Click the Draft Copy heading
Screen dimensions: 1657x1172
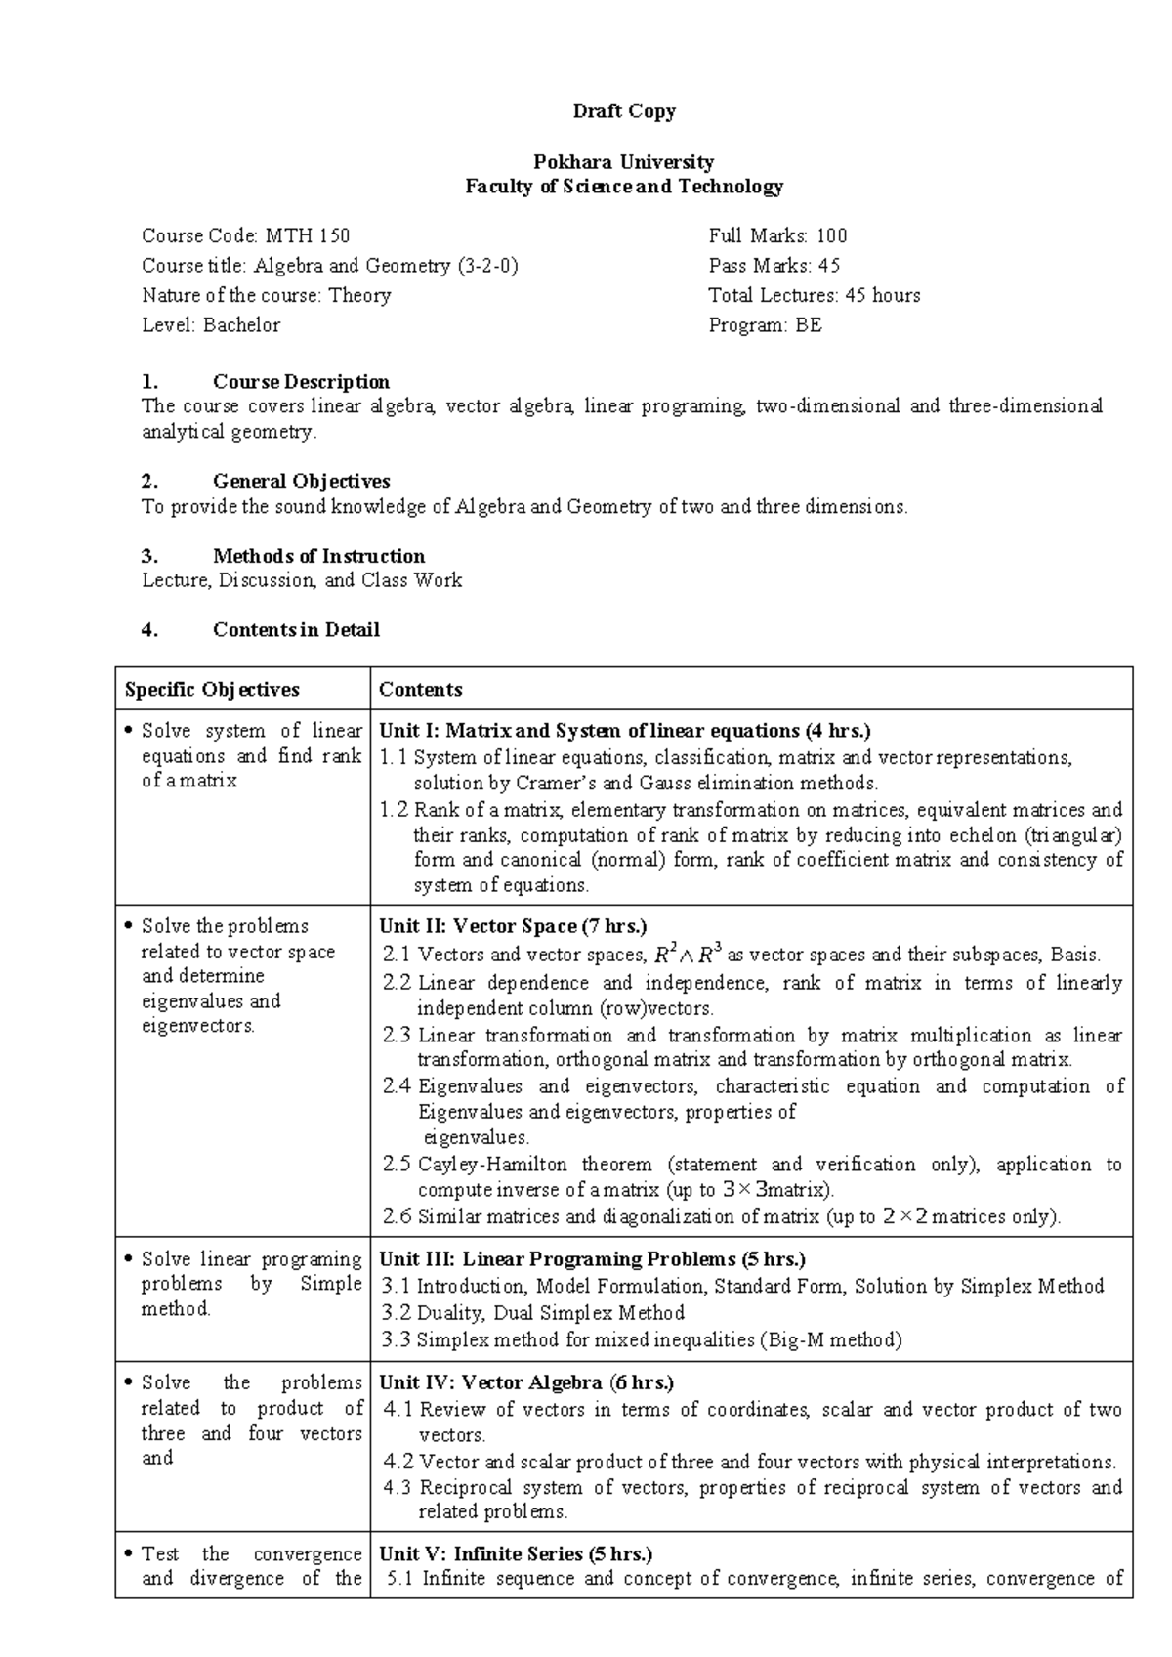(623, 111)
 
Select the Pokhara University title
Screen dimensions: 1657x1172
(623, 162)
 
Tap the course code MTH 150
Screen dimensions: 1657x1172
(245, 235)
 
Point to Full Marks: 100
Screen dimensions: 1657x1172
(777, 235)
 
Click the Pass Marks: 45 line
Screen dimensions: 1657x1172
(774, 266)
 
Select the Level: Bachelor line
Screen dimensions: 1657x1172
(211, 325)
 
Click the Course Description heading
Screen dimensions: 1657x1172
(301, 382)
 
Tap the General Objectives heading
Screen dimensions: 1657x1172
(301, 481)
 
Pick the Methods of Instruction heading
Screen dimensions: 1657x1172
(318, 556)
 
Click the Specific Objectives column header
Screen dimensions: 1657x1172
(212, 690)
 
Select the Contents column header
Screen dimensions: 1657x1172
(421, 690)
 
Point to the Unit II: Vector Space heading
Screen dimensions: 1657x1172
(513, 926)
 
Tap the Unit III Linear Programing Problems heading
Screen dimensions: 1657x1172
(592, 1259)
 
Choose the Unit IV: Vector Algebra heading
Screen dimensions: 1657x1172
(526, 1382)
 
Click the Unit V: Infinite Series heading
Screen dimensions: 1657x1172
(516, 1553)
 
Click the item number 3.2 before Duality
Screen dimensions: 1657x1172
(397, 1313)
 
